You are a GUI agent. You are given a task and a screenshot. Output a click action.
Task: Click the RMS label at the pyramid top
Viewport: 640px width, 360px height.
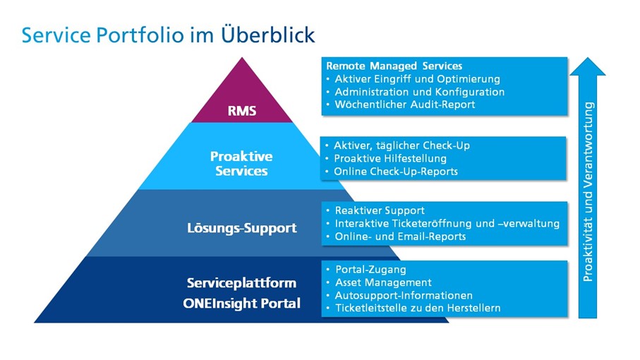(241, 110)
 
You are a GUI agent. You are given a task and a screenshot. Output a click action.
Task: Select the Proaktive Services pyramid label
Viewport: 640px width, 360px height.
(241, 163)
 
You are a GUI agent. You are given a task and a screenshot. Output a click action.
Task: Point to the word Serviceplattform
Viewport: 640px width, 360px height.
(241, 283)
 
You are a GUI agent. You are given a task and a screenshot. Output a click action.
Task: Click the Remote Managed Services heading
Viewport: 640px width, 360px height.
(394, 66)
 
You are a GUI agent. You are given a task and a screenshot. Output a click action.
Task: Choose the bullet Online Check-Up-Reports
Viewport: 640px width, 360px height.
(396, 172)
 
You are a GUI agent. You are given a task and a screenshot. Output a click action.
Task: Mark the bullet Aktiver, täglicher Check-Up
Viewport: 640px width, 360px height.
(401, 145)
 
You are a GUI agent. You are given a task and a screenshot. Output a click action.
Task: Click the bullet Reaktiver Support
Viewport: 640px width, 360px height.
(380, 210)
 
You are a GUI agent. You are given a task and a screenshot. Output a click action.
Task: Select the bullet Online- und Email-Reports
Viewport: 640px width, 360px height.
(400, 236)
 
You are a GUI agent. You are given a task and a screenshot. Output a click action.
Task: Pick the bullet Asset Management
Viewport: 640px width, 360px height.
(383, 282)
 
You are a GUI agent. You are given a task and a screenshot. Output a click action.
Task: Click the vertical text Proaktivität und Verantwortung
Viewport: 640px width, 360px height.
(589, 192)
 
